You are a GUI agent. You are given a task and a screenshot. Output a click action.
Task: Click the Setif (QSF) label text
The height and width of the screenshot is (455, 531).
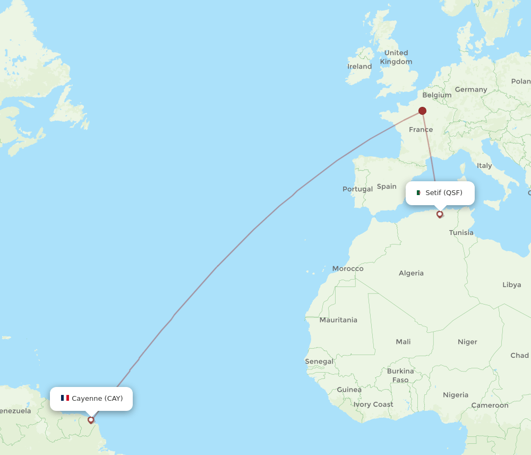[444, 193]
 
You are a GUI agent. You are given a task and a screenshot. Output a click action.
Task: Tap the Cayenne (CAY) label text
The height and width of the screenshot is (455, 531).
[97, 399]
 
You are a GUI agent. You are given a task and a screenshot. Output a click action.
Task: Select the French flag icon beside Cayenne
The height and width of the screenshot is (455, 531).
[65, 398]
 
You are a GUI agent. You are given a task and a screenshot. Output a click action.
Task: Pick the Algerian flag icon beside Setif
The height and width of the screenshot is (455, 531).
[418, 193]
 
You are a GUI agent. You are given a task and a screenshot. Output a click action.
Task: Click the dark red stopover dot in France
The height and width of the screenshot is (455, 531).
[422, 111]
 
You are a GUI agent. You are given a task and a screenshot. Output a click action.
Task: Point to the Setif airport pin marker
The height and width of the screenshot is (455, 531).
[440, 214]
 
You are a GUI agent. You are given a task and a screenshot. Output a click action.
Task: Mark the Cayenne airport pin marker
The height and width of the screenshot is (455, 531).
[91, 419]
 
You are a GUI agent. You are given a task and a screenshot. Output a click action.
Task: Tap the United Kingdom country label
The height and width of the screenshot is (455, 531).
[396, 57]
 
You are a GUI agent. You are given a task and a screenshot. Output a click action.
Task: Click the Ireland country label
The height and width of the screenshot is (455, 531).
[359, 66]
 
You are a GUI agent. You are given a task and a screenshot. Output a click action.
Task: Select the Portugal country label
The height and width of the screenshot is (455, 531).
[357, 189]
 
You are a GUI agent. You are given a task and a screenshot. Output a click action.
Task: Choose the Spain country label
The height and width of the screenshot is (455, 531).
[387, 187]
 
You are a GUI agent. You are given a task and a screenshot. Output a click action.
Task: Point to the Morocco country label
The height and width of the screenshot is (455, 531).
[348, 268]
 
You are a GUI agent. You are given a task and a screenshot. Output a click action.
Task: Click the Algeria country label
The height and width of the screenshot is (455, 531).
[411, 273]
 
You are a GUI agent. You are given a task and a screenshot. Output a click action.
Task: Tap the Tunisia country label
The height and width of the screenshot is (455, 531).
[461, 233]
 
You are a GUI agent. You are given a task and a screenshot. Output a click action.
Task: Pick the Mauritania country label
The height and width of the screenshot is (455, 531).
[338, 320]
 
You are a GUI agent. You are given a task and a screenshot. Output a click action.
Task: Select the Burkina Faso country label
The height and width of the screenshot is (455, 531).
[400, 375]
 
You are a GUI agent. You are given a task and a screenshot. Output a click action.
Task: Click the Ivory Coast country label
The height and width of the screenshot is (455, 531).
[373, 405]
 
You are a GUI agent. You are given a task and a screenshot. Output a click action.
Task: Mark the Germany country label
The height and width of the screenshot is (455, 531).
[470, 89]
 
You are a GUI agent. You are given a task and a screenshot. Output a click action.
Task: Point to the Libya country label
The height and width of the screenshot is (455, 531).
[511, 285]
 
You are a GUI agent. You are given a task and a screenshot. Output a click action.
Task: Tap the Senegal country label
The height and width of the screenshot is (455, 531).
[319, 361]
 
